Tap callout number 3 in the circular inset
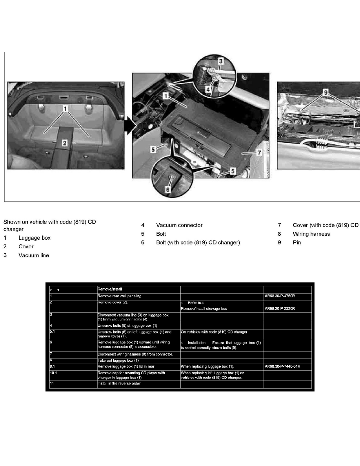[x=221, y=61]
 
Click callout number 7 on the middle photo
[x=258, y=153]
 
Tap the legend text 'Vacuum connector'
[x=179, y=225]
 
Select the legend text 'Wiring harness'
[x=311, y=234]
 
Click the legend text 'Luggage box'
[x=34, y=238]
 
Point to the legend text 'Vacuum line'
[x=34, y=255]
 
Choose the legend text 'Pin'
[x=297, y=242]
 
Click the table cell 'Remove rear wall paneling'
[x=119, y=296]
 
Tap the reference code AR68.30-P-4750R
[x=280, y=296]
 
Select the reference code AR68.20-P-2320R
[x=280, y=309]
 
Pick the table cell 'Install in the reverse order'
[x=119, y=384]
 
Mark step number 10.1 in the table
[x=54, y=373]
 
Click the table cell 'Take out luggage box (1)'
[x=118, y=360]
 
